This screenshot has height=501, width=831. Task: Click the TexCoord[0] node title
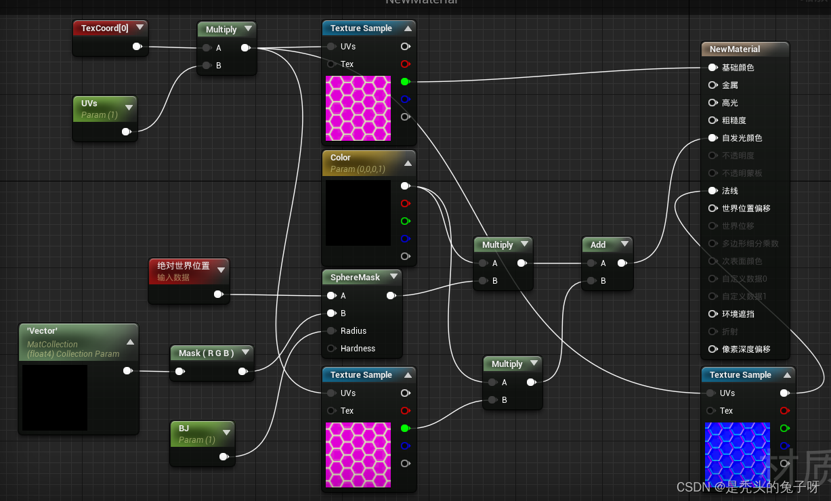click(104, 28)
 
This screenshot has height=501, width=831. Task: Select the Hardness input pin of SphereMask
click(331, 349)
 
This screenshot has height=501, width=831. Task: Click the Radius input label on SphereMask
click(353, 331)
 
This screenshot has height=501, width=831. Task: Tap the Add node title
click(597, 245)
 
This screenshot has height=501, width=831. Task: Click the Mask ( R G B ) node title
click(206, 353)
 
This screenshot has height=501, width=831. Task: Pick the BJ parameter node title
click(184, 429)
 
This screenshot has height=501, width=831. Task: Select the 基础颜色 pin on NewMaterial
click(712, 68)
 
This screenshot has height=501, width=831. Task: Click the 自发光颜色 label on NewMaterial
click(742, 138)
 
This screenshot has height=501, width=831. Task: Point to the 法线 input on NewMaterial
click(712, 191)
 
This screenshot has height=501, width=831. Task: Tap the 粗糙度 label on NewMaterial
click(733, 121)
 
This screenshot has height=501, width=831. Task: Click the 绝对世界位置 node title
click(183, 266)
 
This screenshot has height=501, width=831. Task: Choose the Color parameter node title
click(340, 158)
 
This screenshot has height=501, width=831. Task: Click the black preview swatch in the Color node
click(358, 213)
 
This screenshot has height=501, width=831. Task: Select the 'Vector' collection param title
click(42, 331)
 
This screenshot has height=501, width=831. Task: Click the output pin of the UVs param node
click(127, 131)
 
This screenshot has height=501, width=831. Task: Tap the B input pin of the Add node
click(591, 281)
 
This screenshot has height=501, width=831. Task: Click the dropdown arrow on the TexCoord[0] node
click(140, 28)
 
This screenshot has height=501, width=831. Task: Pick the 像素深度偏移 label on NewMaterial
click(746, 349)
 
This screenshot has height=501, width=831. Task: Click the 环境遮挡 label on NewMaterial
click(738, 314)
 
